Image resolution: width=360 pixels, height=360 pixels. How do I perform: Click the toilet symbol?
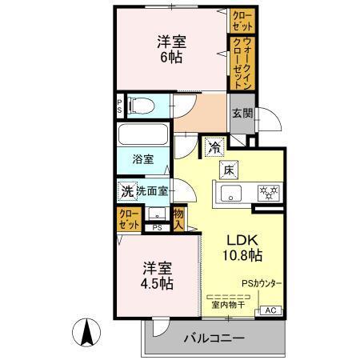point(140,105)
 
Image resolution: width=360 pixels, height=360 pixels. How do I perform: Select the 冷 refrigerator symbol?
point(214,146)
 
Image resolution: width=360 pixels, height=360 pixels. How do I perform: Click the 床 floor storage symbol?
point(227,169)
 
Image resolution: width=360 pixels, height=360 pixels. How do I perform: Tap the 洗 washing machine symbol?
point(126,191)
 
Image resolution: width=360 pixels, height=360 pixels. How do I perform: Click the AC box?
point(270,310)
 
